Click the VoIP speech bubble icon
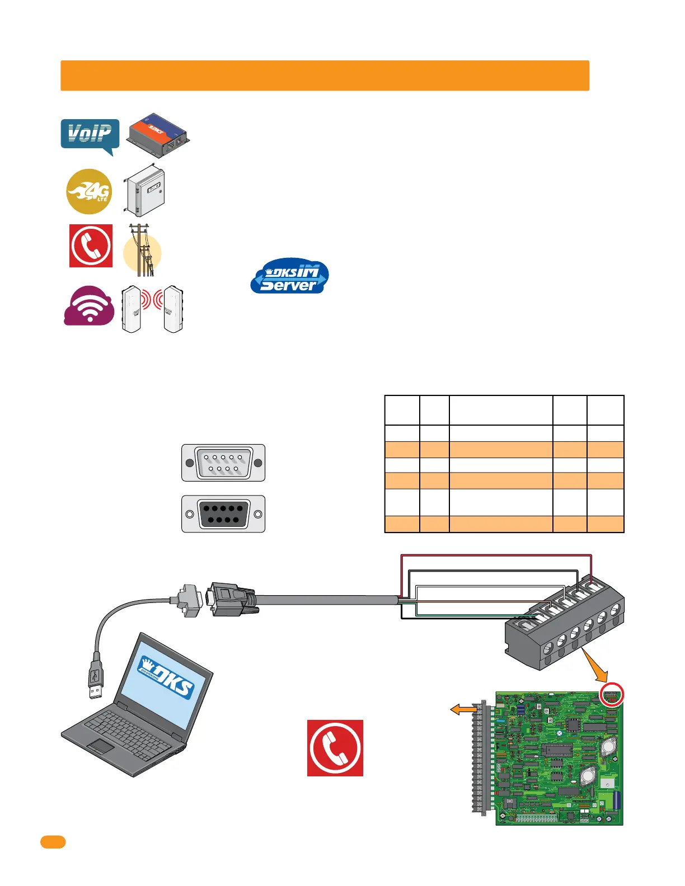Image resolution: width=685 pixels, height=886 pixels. coord(90,135)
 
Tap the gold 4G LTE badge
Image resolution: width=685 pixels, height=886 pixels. coord(89,191)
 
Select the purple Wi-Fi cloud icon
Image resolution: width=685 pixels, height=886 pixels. coord(89,307)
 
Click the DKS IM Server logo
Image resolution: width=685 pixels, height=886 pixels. coord(289,276)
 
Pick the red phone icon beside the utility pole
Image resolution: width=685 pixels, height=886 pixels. coord(91,246)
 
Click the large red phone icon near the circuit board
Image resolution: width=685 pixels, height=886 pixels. coord(335,748)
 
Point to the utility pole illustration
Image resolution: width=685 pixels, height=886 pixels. coord(142,251)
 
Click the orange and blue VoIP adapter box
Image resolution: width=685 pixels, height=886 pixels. coord(158,136)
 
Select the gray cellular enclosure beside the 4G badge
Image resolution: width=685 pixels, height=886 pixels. coord(144,190)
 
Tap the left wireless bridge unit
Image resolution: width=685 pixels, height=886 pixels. coord(131,309)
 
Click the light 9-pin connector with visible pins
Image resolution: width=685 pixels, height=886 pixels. coord(223,463)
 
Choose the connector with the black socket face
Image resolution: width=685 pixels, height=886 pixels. coord(223,513)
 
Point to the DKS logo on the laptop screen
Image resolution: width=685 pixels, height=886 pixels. coord(166,677)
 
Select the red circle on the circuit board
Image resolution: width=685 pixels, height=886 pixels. coord(612,695)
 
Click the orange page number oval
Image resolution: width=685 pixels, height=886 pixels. coord(53,842)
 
